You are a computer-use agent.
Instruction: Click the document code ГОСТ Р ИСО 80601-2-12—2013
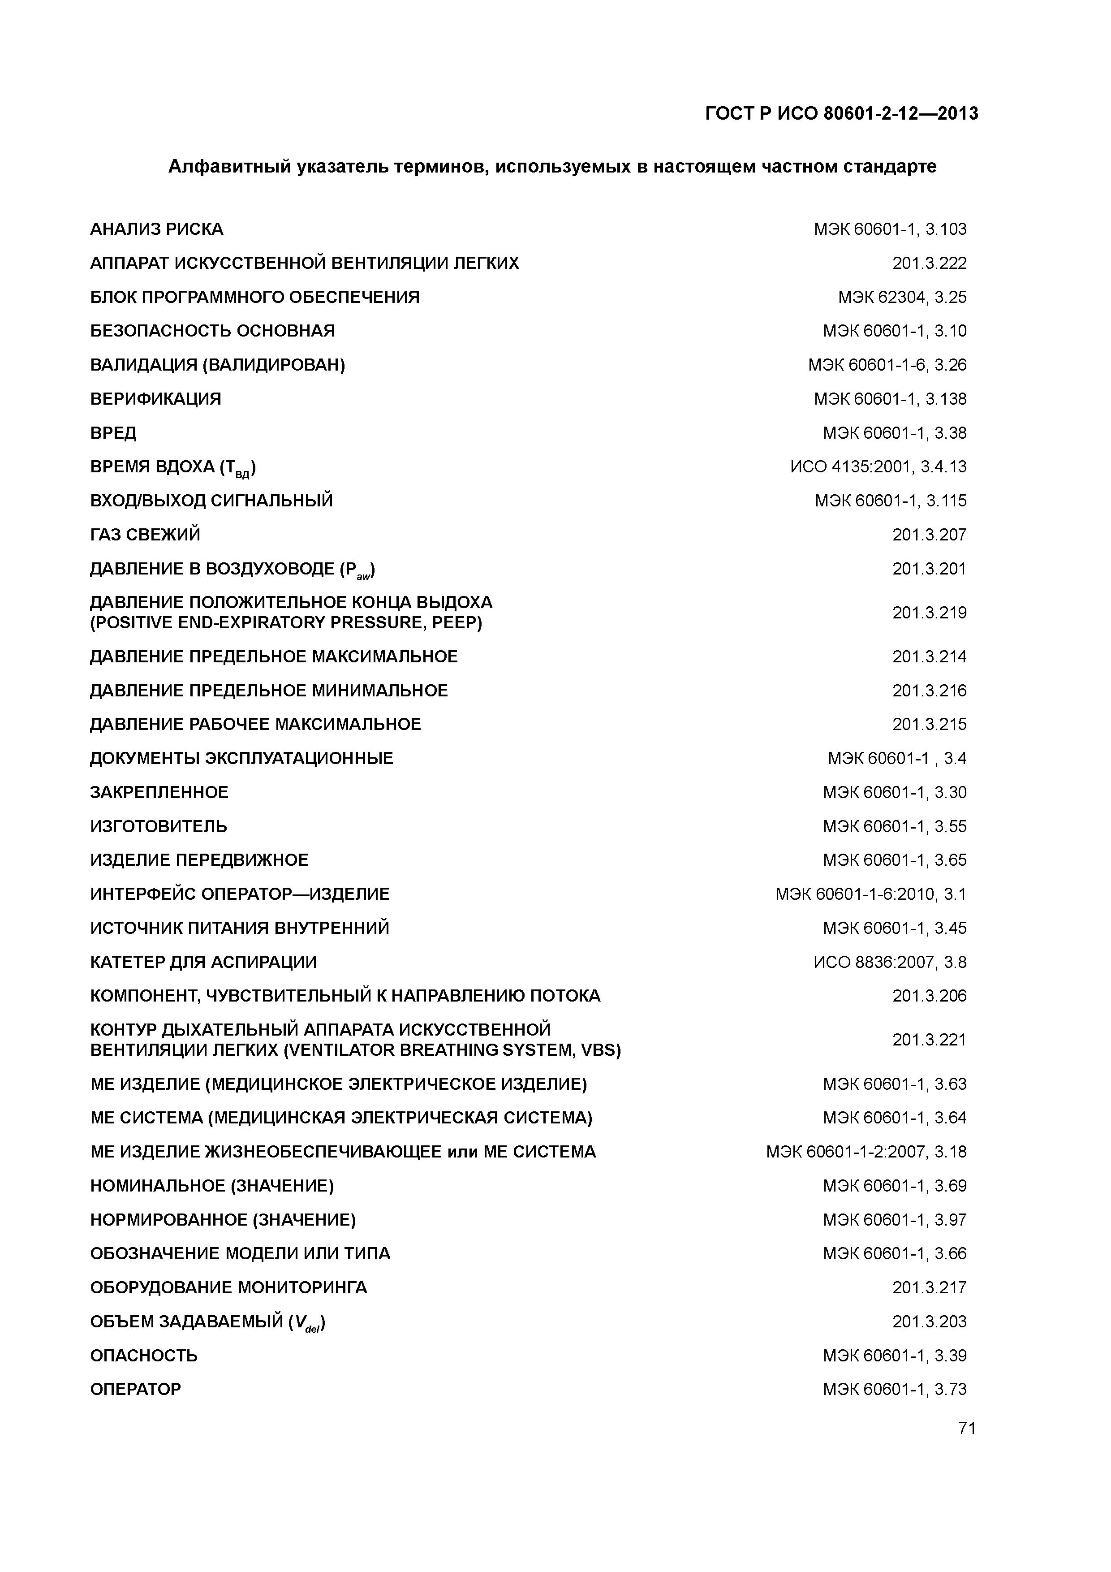(x=841, y=113)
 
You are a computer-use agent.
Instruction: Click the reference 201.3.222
(x=929, y=263)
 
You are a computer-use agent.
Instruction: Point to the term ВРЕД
(x=114, y=433)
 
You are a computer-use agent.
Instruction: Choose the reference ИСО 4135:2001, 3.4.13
(x=878, y=467)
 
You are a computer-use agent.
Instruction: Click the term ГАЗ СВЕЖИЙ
(x=145, y=535)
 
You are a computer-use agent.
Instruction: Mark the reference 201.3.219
(x=929, y=613)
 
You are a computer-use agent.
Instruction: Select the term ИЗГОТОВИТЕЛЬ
(x=159, y=826)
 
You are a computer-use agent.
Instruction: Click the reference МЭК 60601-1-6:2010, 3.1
(x=871, y=894)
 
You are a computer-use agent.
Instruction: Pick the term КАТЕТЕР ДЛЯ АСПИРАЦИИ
(x=203, y=962)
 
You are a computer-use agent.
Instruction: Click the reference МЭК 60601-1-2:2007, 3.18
(x=866, y=1152)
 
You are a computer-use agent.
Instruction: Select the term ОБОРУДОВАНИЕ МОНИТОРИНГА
(x=228, y=1288)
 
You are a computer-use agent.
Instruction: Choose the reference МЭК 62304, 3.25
(x=902, y=297)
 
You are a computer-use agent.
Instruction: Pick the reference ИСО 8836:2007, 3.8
(x=890, y=962)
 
